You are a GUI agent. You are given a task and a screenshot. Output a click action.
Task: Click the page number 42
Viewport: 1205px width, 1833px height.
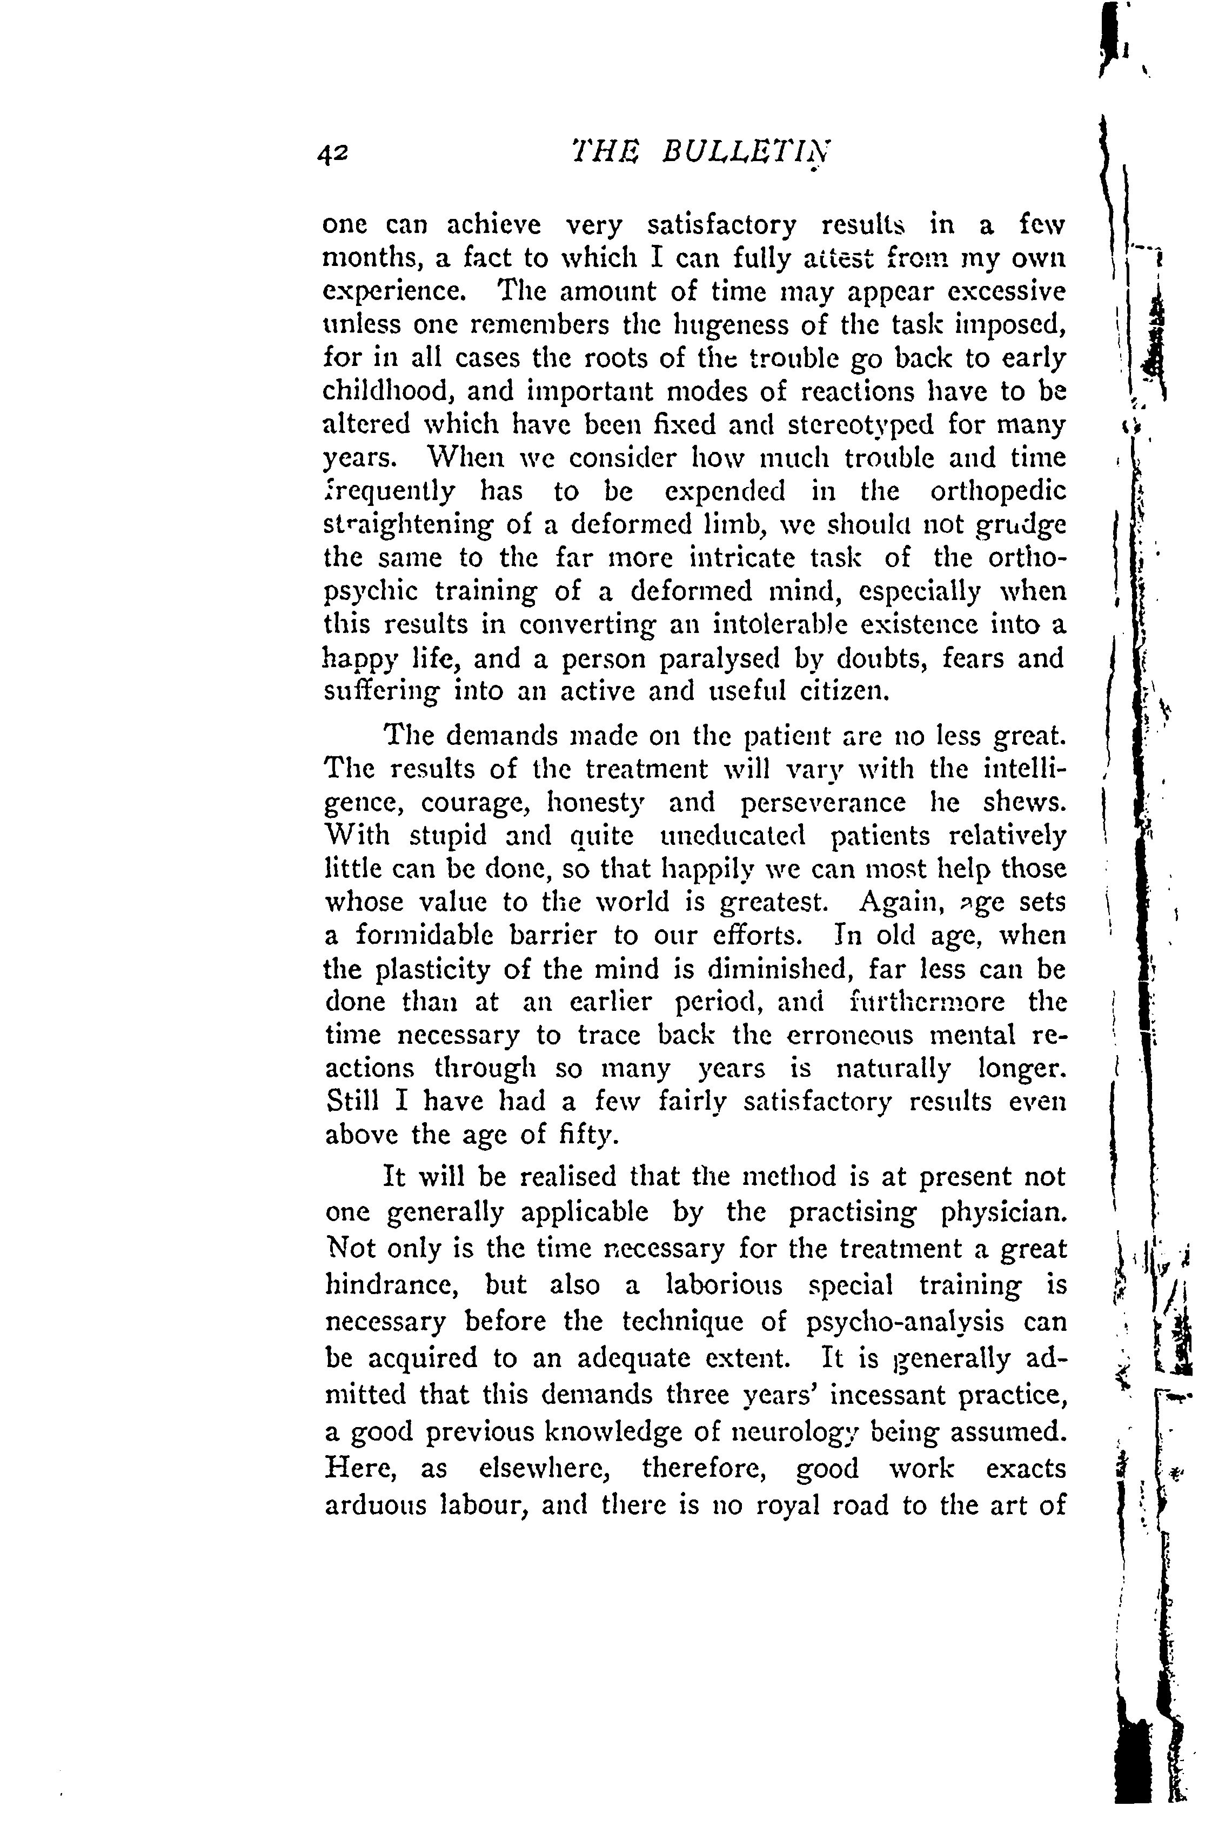coord(333,155)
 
